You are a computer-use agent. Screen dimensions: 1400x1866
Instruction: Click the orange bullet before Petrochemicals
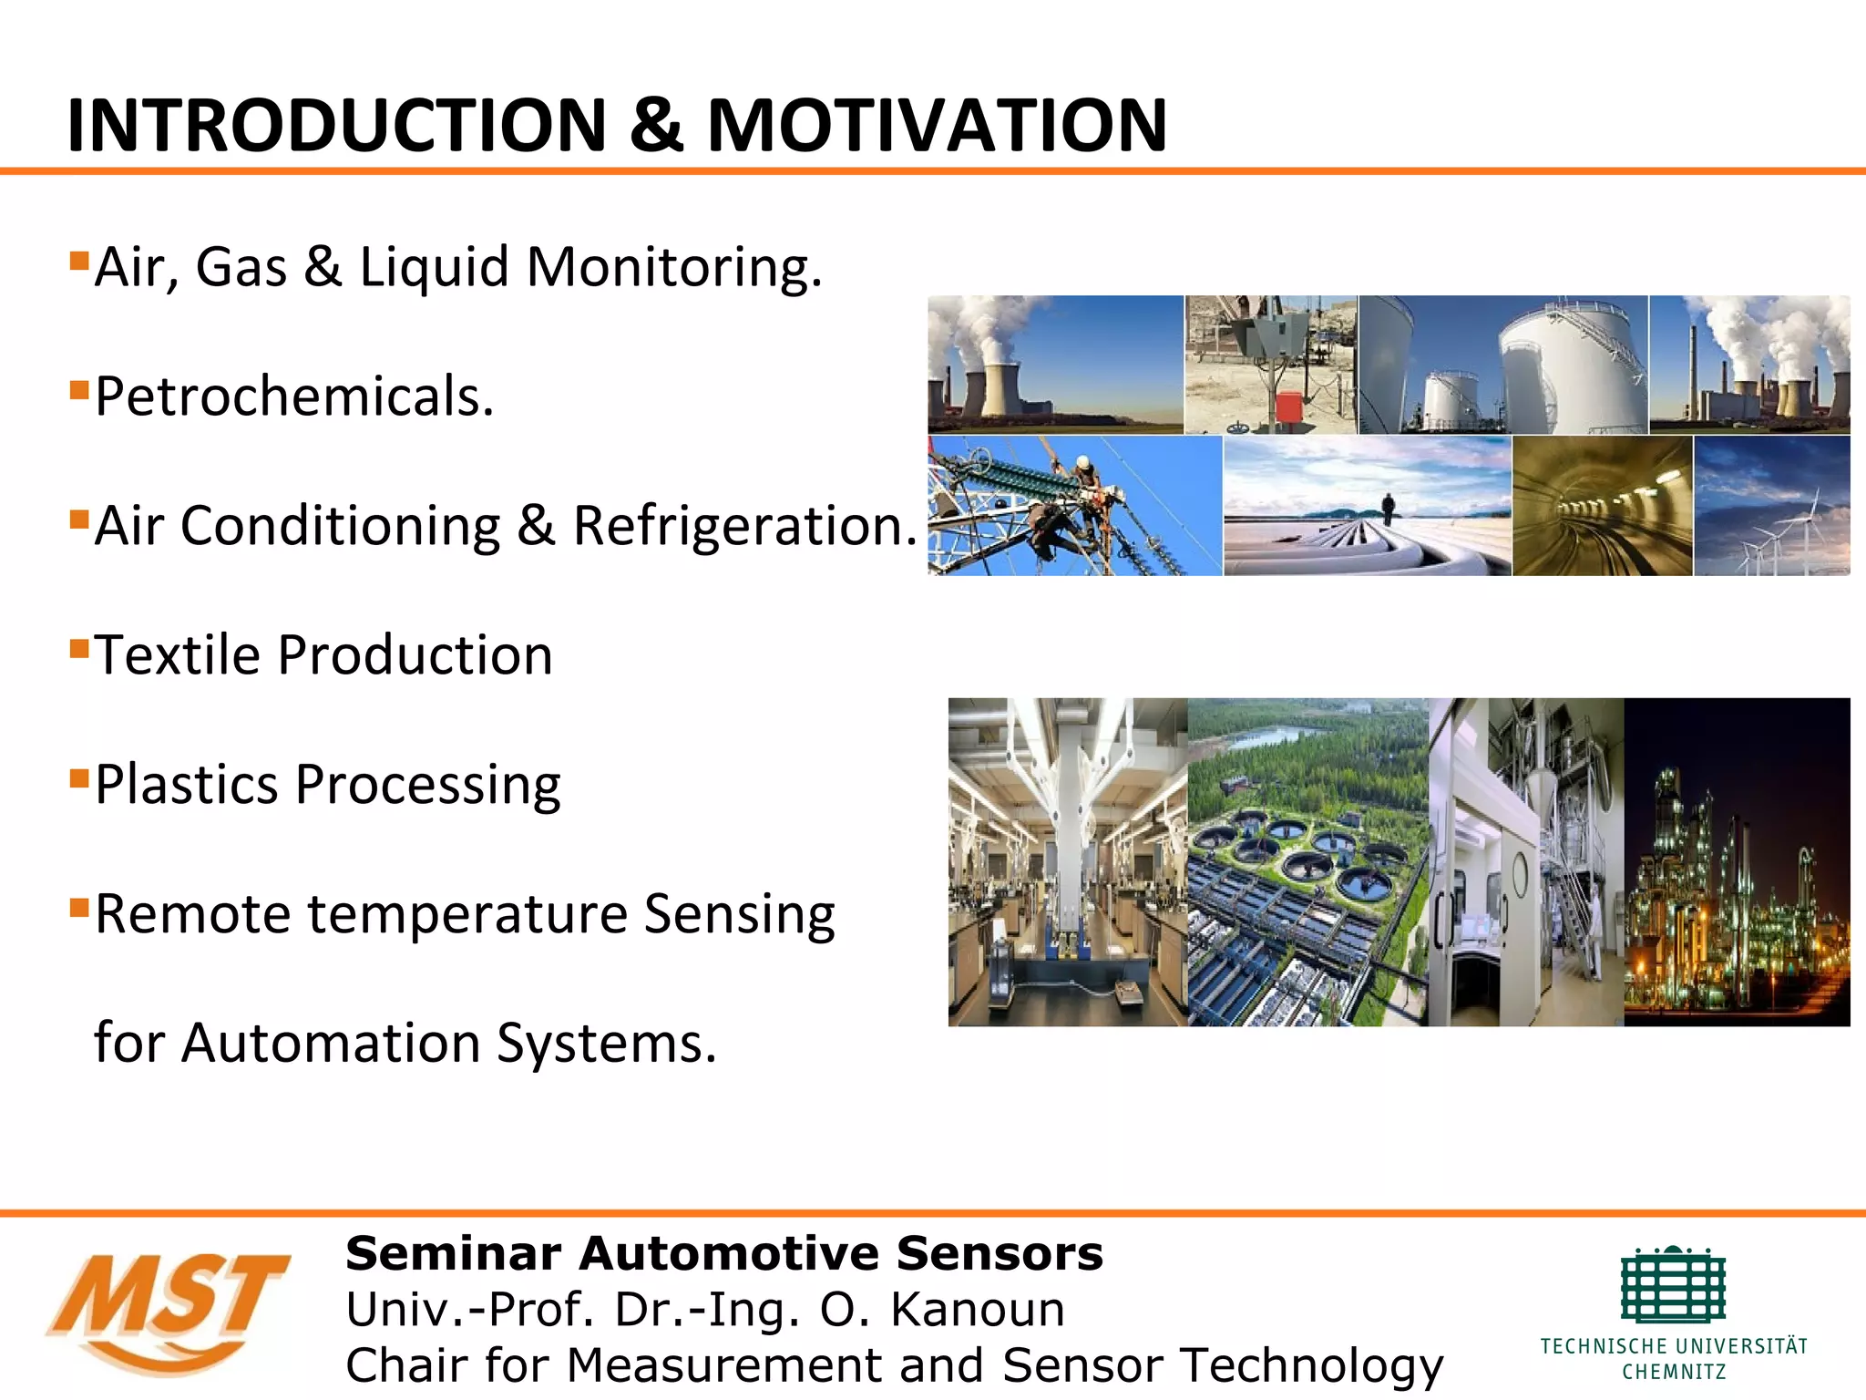(x=79, y=391)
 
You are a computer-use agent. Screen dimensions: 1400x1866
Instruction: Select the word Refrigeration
(x=744, y=526)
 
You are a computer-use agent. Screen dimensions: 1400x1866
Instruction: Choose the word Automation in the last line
(x=331, y=1043)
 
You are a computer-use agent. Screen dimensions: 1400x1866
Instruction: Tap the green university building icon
(x=1673, y=1285)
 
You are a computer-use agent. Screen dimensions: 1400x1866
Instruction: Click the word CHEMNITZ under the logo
(x=1674, y=1372)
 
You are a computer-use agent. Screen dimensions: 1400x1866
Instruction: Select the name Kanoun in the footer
(x=977, y=1310)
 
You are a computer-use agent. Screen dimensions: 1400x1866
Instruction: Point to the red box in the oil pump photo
(x=1288, y=407)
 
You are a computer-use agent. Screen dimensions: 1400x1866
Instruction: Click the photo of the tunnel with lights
(x=1602, y=506)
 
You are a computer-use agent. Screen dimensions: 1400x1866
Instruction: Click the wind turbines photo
(x=1771, y=506)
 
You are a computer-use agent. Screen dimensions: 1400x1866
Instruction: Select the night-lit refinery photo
(x=1737, y=862)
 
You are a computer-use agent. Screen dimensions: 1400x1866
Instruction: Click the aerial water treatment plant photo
(x=1307, y=862)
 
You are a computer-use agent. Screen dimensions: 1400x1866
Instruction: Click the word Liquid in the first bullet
(x=434, y=267)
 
